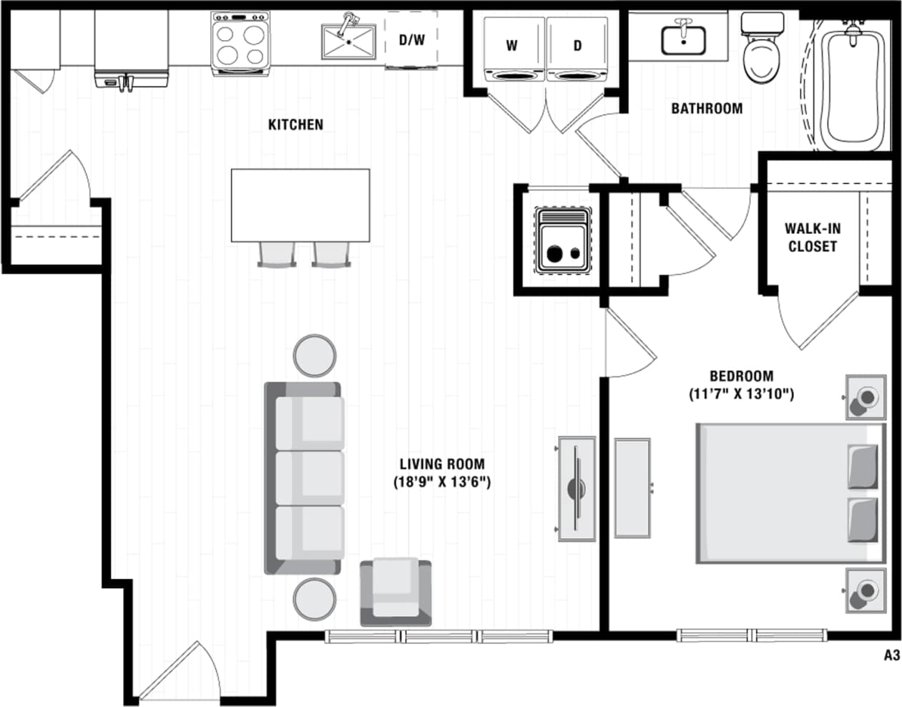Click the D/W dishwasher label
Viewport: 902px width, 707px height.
pos(411,40)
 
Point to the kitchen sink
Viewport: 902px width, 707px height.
pos(349,42)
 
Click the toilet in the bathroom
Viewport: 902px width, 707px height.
pos(759,54)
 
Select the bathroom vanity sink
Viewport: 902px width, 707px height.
pos(683,39)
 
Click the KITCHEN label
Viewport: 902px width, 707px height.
pos(295,125)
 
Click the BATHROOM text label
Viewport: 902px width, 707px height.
pos(706,109)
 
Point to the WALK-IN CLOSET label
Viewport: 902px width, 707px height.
pos(812,238)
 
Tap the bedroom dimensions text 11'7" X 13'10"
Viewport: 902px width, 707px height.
pos(741,394)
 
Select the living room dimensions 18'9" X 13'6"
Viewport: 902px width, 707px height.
pos(442,482)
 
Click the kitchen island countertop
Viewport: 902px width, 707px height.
pos(300,205)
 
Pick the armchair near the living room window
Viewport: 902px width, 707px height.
pos(396,590)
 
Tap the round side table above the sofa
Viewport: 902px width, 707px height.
pos(315,355)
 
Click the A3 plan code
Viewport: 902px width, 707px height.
pos(891,655)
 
